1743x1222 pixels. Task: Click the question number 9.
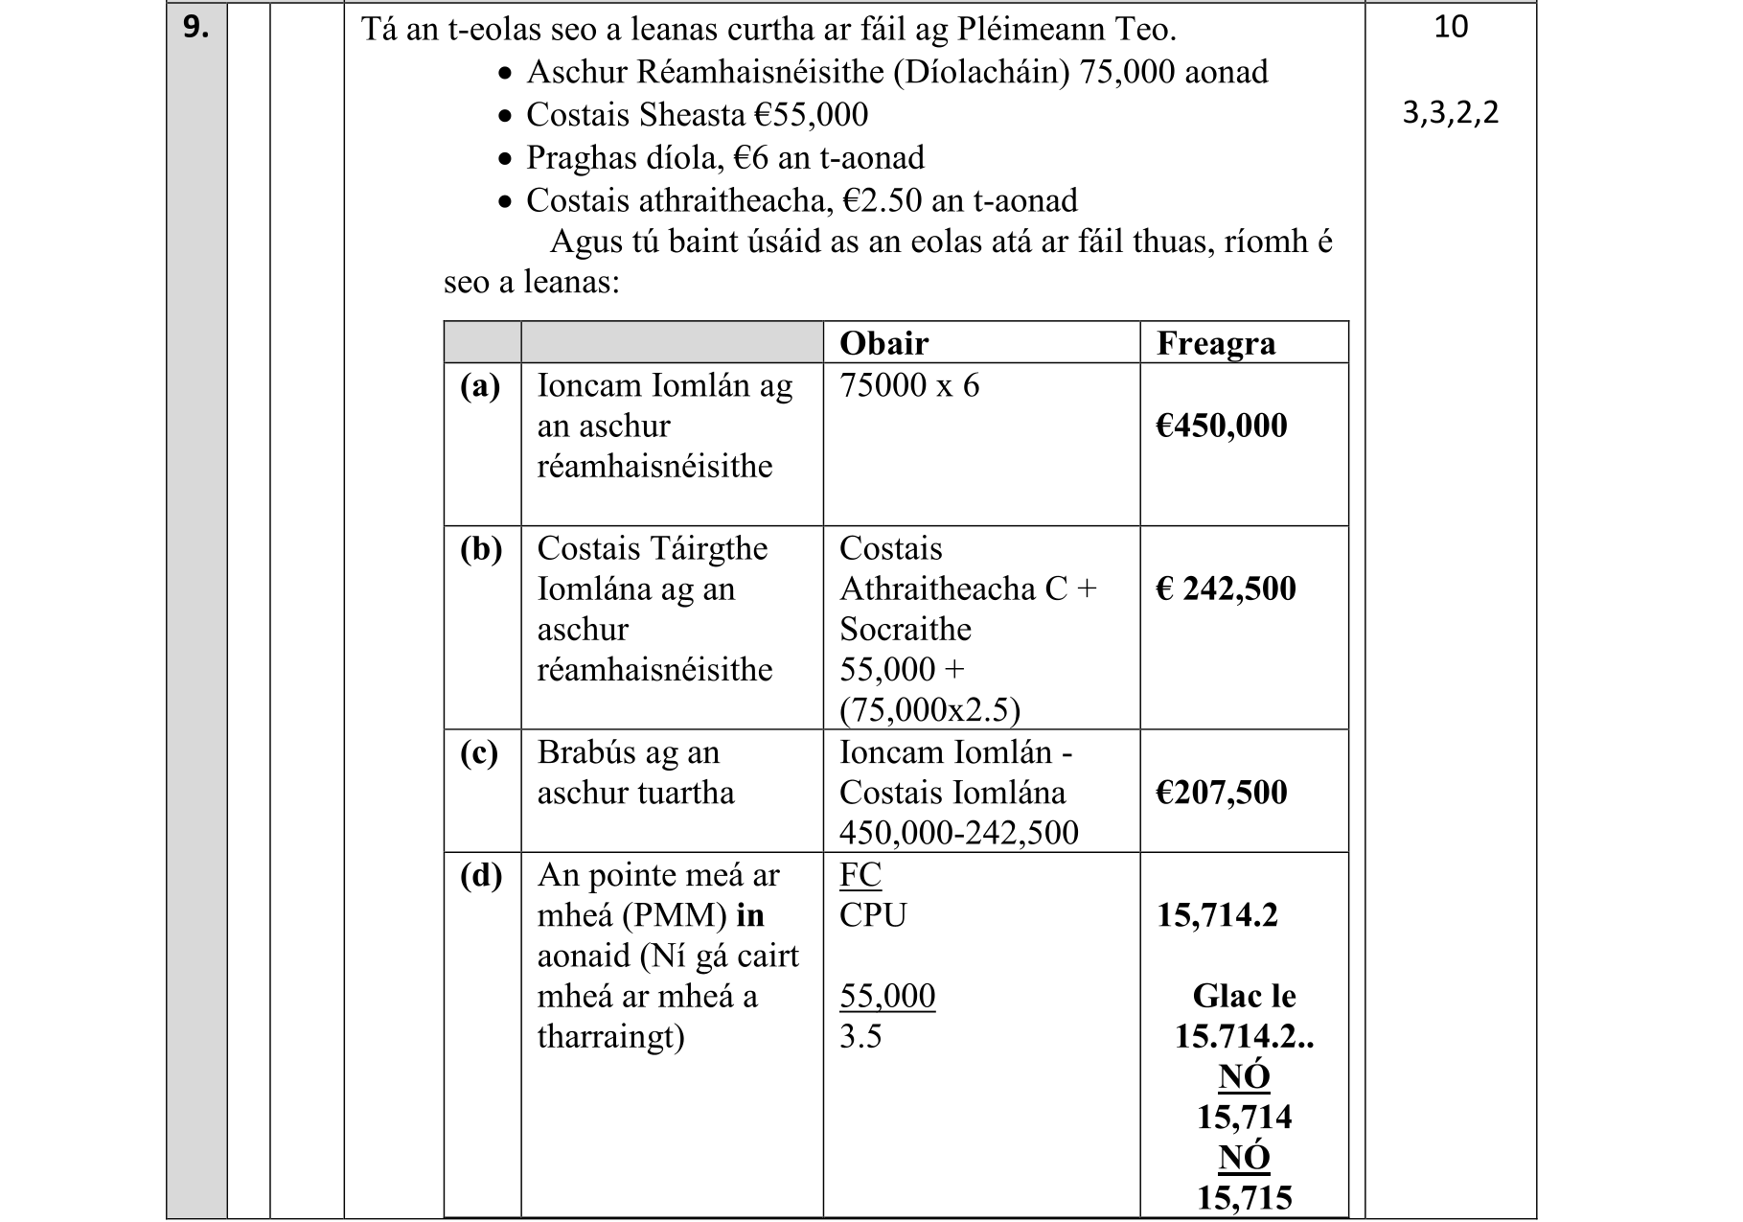pos(195,27)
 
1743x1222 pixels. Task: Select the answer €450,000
pos(1221,426)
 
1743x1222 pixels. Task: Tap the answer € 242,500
pos(1226,588)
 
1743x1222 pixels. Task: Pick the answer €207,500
pos(1221,793)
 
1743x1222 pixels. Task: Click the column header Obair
pos(883,343)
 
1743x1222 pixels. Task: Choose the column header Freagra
pos(1215,343)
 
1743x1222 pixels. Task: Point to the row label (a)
pos(480,385)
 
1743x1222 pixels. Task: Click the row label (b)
pos(481,548)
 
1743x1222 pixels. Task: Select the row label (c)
pos(479,752)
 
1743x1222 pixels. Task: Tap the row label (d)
pos(481,875)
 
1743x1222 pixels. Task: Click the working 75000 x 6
pos(908,385)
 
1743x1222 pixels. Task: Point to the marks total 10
pos(1450,27)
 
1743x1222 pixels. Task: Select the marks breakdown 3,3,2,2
pos(1450,113)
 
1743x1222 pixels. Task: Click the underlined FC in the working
pos(860,875)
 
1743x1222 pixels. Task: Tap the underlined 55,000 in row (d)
pos(886,996)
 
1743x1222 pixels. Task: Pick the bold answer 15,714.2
pos(1217,915)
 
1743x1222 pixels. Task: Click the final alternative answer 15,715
pos(1244,1198)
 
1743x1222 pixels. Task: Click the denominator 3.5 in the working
pos(860,1036)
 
